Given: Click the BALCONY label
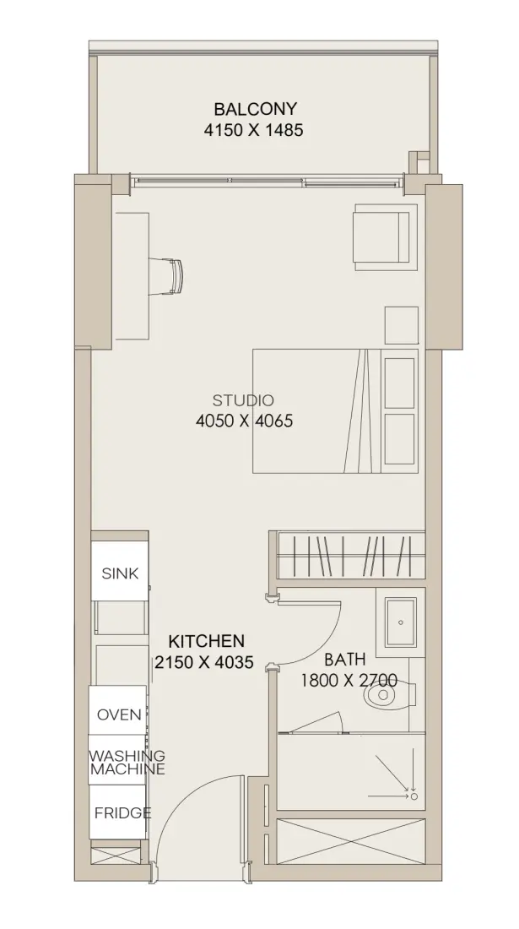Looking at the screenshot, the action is (x=255, y=109).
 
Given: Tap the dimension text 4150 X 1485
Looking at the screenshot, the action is (x=253, y=130).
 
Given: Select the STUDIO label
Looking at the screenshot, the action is (x=243, y=400).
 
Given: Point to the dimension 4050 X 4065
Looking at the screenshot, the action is (x=244, y=421).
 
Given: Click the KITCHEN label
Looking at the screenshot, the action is (x=206, y=641).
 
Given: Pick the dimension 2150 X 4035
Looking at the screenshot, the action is (x=204, y=662).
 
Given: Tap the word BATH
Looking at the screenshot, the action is (x=345, y=660).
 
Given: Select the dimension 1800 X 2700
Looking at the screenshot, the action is (x=349, y=680).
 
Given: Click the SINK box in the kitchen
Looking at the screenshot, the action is (x=120, y=573).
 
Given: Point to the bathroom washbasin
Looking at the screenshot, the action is (x=401, y=622).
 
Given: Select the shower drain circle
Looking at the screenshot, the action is (x=414, y=796).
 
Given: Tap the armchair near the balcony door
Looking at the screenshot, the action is (x=381, y=236).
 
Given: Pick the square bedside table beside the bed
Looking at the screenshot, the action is (x=402, y=325).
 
